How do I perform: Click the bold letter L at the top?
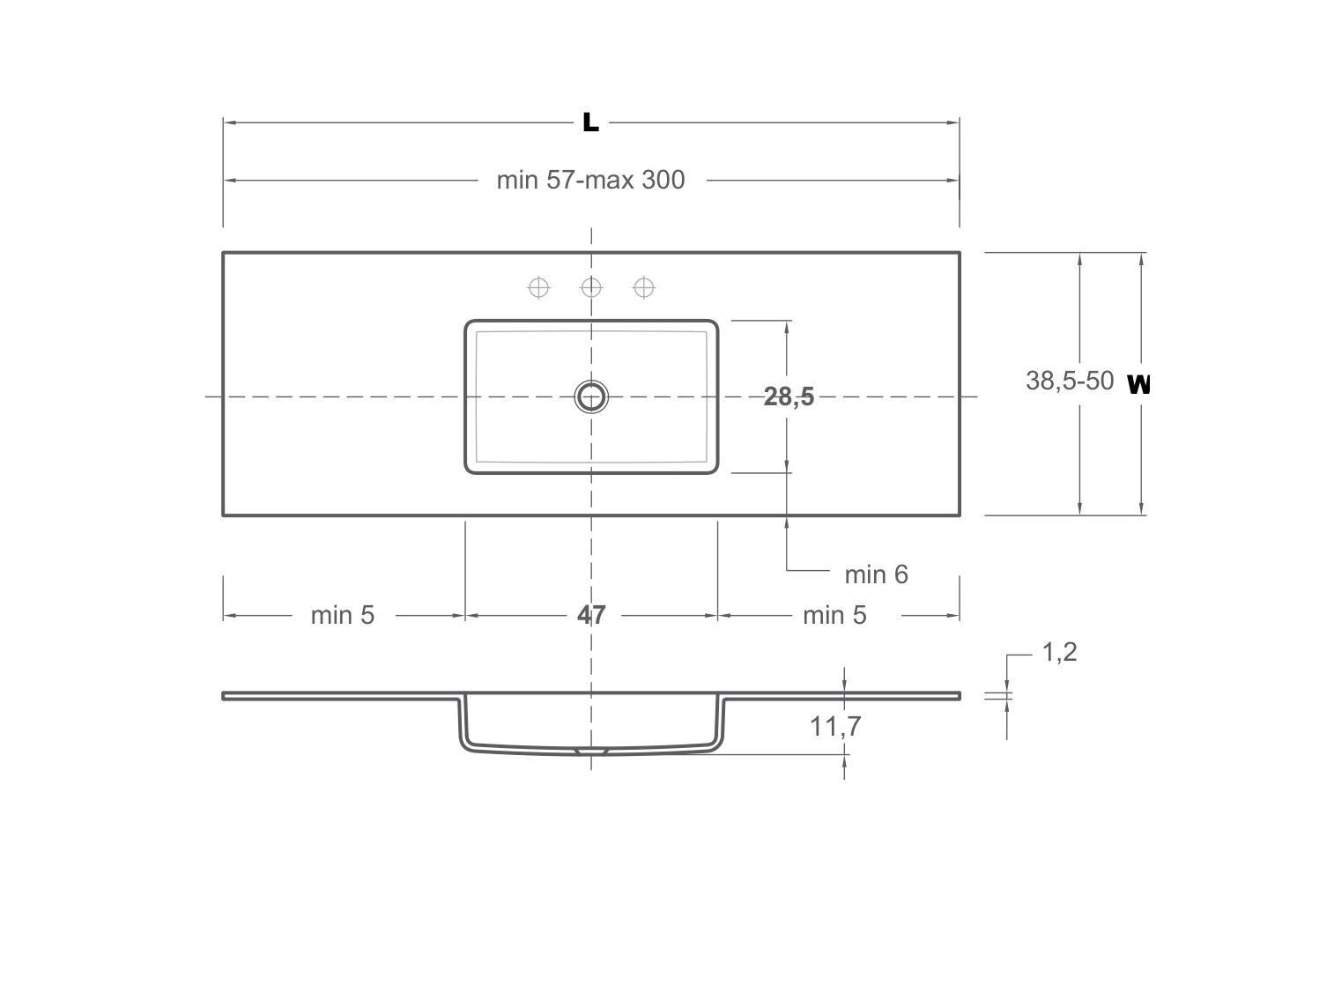(x=590, y=122)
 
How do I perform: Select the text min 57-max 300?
(x=590, y=180)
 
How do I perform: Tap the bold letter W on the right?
(x=1138, y=384)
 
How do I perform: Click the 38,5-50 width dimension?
(x=1069, y=381)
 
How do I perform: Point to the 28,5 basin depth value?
(x=789, y=397)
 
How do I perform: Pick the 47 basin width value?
(x=591, y=614)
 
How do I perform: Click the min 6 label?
(x=875, y=574)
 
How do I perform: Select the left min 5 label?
(x=342, y=615)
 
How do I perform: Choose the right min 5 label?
(x=834, y=615)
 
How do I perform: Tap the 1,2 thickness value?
(x=1059, y=652)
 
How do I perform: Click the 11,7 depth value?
(x=835, y=727)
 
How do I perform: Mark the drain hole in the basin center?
(x=591, y=396)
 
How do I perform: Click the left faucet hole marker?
(x=538, y=287)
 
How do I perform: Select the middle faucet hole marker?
(x=591, y=287)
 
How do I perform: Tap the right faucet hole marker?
(x=644, y=287)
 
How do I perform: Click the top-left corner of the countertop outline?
(x=223, y=253)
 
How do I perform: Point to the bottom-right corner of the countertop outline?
(x=960, y=515)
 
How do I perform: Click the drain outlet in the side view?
(x=591, y=752)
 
